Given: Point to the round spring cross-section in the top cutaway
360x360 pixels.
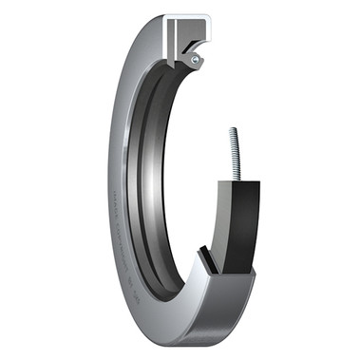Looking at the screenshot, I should [196, 59].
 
